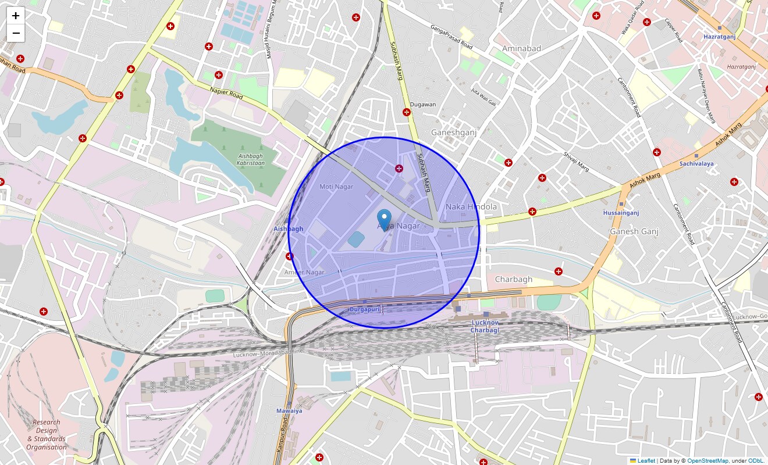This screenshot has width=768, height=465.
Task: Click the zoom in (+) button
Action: point(16,16)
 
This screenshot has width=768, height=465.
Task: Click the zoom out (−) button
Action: point(16,33)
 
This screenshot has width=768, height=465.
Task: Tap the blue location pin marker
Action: point(384,220)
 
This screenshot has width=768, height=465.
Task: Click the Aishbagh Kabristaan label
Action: point(251,159)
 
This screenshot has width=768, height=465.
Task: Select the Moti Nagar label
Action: point(336,187)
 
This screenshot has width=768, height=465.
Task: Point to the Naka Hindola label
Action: point(471,206)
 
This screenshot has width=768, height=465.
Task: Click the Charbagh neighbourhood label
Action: point(513,280)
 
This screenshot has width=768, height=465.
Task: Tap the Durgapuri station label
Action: point(364,309)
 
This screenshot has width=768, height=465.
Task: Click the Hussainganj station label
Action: point(621,213)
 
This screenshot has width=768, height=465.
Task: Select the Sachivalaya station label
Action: point(696,163)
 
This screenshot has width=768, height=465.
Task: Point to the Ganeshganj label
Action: point(454,133)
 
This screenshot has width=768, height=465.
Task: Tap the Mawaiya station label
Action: point(289,410)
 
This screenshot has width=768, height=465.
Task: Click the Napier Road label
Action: point(227,93)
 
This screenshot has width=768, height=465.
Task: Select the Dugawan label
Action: point(423,105)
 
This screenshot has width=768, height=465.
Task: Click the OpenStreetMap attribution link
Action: point(707,461)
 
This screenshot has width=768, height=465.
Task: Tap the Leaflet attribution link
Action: point(646,461)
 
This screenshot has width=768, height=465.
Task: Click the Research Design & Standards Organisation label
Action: point(47,435)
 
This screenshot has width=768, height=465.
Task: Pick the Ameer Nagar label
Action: point(304,272)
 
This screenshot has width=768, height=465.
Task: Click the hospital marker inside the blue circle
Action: point(399,169)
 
